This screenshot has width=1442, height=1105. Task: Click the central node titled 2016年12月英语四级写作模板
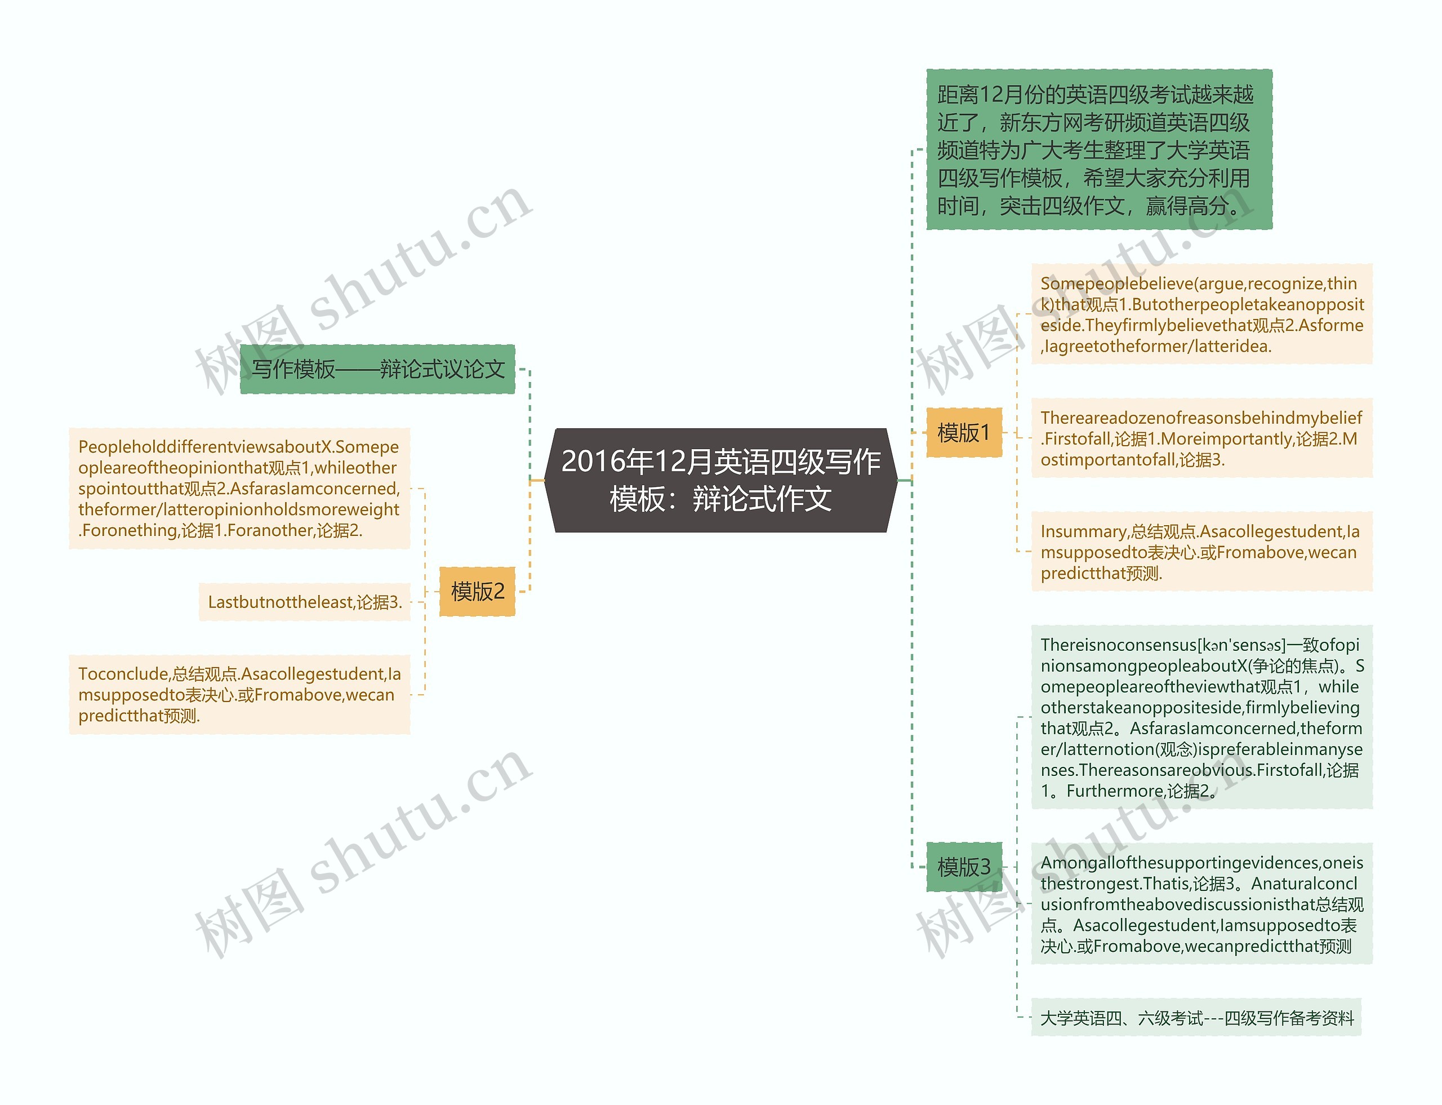(720, 480)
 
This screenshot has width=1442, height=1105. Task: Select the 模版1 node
(963, 433)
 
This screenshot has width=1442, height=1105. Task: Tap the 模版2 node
(477, 591)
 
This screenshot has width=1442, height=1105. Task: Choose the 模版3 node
(963, 867)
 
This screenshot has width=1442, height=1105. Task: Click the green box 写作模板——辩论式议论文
(377, 370)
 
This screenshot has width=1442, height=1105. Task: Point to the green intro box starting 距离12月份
(1098, 150)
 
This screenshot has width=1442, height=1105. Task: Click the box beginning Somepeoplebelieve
(1201, 314)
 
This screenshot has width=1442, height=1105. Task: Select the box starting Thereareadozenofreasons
(1201, 438)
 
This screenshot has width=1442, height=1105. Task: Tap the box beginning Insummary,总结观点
(1201, 552)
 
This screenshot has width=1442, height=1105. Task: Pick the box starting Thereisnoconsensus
(1201, 717)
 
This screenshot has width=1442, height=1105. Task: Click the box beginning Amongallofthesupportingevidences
(1201, 904)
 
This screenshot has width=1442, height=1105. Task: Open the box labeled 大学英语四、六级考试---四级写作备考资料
(1196, 1018)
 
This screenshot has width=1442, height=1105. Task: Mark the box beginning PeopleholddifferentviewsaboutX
(239, 489)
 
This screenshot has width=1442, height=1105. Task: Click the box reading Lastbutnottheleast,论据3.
(304, 602)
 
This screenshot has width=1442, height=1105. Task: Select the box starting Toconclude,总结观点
(239, 695)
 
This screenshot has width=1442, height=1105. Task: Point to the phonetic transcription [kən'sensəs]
(1242, 645)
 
